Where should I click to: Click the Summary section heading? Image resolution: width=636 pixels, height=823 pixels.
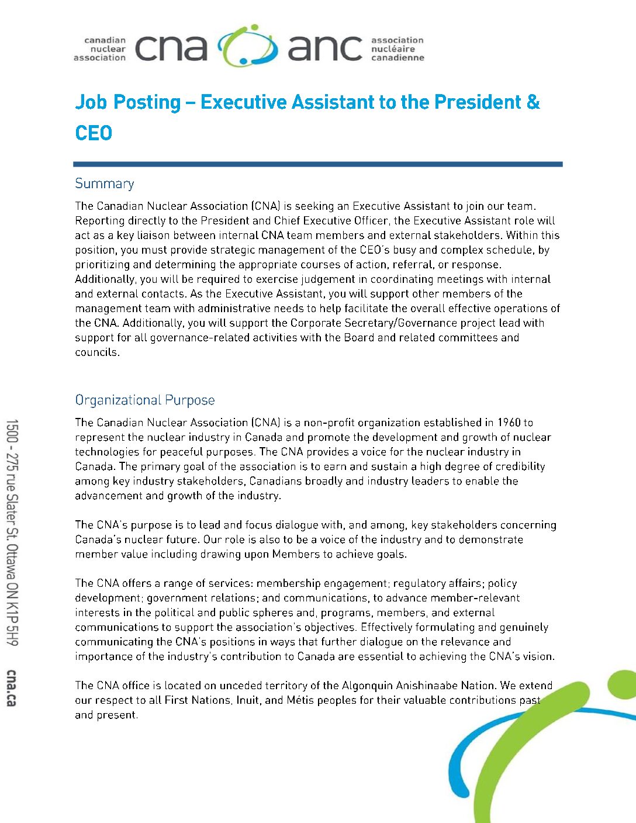105,184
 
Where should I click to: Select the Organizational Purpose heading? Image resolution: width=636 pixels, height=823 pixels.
144,400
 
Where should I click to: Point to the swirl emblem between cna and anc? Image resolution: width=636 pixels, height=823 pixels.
247,46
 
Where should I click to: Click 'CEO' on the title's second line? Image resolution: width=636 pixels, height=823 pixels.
94,133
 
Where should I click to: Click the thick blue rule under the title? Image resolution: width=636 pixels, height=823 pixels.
317,164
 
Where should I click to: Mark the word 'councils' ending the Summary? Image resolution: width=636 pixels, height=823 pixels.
96,352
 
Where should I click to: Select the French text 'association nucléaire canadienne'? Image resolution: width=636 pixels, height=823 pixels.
397,49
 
